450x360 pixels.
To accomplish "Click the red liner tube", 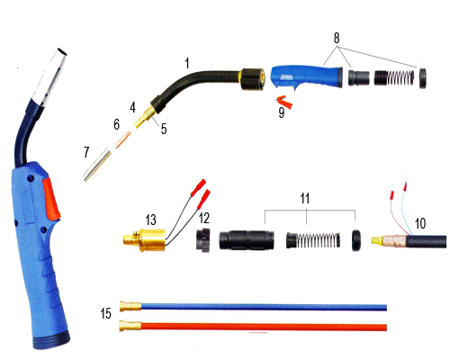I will pyautogui.click(x=252, y=327).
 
